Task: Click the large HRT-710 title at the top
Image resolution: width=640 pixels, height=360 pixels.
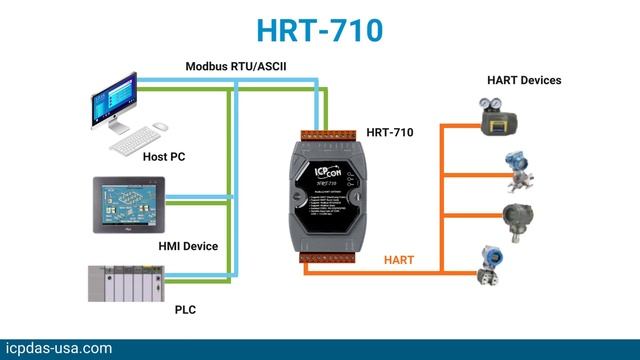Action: coord(320,29)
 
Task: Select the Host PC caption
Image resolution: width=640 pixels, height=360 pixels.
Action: coord(164,157)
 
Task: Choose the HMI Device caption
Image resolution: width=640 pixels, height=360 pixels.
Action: coord(188,246)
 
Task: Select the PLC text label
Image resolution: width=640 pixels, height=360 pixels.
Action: coord(185,310)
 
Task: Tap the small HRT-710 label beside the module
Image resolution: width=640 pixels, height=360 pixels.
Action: coord(390,131)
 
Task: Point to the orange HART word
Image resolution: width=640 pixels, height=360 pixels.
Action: coord(400,260)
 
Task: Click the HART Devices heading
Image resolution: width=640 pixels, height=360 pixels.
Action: coord(524,80)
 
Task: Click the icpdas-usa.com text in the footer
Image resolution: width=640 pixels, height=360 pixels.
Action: coord(57,348)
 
